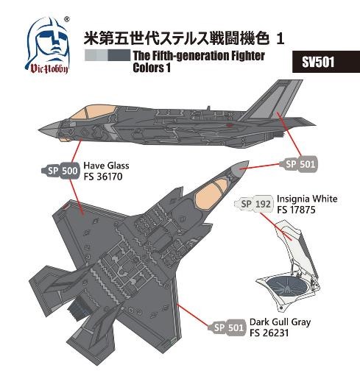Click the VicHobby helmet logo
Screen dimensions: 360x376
click(x=48, y=46)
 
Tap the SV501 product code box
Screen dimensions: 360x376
click(x=326, y=62)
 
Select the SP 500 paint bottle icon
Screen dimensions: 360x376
click(x=61, y=171)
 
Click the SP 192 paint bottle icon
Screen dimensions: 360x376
click(x=254, y=204)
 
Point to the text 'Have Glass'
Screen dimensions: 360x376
click(x=106, y=166)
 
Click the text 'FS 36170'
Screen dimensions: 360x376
click(x=103, y=177)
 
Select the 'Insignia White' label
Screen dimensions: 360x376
click(x=307, y=199)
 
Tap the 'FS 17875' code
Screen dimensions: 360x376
click(x=296, y=210)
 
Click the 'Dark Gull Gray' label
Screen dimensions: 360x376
click(x=280, y=322)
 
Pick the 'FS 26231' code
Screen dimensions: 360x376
click(x=269, y=333)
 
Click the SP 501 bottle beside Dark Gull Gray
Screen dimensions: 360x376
click(x=227, y=327)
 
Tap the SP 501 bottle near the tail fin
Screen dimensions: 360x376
click(x=298, y=164)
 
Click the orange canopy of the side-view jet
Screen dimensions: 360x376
click(x=93, y=113)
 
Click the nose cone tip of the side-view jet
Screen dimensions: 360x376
click(x=40, y=129)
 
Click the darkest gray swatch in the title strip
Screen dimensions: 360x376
click(x=119, y=55)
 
